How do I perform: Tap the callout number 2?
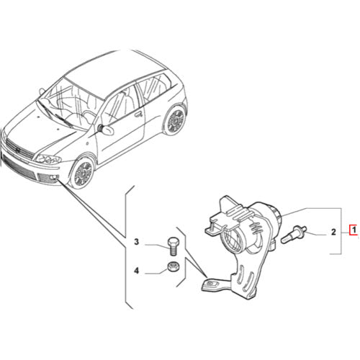click(333, 232)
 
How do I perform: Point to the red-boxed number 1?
click(353, 232)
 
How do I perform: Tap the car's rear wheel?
click(174, 121)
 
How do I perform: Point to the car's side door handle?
click(138, 113)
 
